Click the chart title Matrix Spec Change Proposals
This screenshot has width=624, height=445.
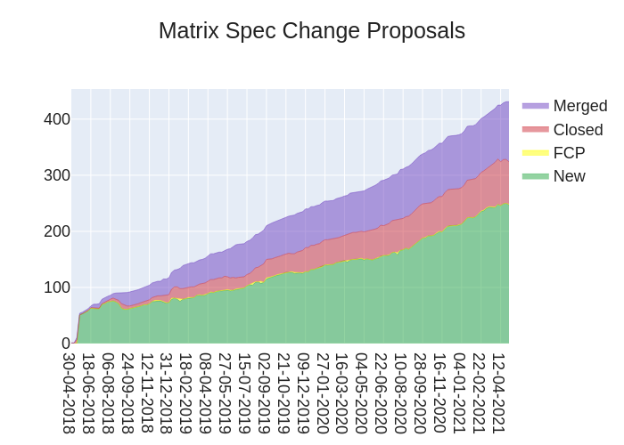click(x=312, y=31)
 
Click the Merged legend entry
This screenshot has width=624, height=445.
click(x=579, y=106)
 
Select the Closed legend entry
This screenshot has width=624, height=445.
click(x=578, y=130)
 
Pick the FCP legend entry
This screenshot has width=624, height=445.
click(x=569, y=153)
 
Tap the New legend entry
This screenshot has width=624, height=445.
click(x=569, y=176)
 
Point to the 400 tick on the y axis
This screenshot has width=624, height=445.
click(x=57, y=119)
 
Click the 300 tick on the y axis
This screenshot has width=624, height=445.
click(x=57, y=175)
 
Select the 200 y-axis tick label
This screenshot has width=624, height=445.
click(x=57, y=231)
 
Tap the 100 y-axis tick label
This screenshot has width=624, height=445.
click(x=57, y=287)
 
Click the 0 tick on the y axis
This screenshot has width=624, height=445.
click(x=65, y=344)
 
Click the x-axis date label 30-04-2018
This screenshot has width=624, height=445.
click(x=69, y=392)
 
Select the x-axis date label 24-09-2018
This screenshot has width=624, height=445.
click(x=127, y=392)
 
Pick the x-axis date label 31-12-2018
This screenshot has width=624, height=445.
click(x=167, y=392)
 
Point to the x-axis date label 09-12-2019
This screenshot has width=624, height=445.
click(x=303, y=392)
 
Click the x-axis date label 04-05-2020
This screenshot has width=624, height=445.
click(x=361, y=392)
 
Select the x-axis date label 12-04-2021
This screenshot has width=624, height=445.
click(x=498, y=392)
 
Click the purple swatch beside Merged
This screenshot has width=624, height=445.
click(x=535, y=106)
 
